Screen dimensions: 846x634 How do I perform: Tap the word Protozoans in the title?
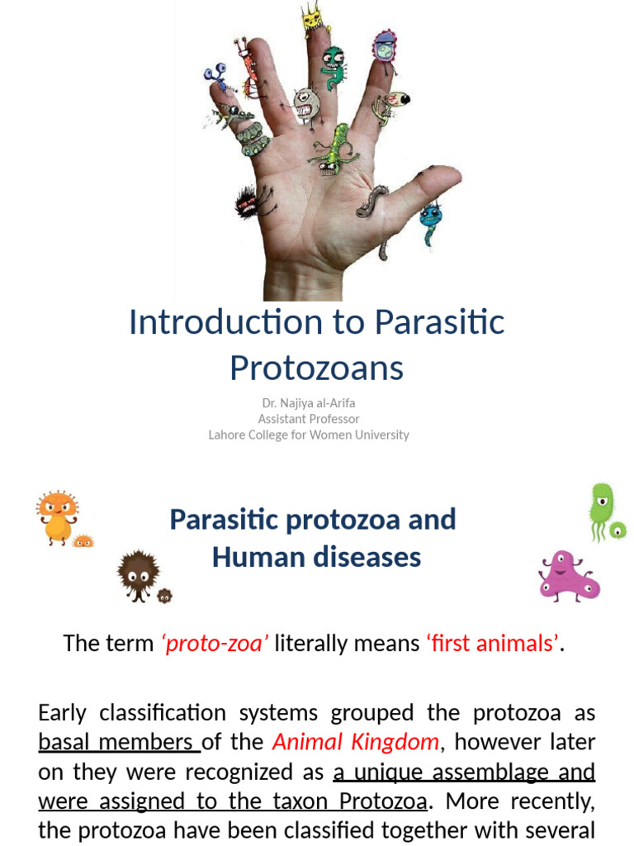(x=316, y=368)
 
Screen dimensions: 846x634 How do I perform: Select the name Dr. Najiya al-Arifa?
(x=309, y=403)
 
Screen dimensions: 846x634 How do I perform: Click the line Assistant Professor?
(x=309, y=419)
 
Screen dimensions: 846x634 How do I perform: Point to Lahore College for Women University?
(x=309, y=435)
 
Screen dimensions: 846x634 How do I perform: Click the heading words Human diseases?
(x=316, y=557)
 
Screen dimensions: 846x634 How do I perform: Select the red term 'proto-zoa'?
(x=215, y=643)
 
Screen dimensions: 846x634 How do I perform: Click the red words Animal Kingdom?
(x=356, y=742)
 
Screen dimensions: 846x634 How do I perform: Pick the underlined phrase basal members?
(x=119, y=742)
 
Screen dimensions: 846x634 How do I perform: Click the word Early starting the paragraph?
(x=65, y=712)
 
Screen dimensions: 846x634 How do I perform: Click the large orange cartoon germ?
(x=57, y=516)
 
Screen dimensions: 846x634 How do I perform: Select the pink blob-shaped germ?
(x=567, y=575)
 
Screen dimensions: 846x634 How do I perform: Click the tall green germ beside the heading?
(x=602, y=508)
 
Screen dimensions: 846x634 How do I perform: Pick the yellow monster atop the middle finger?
(x=312, y=18)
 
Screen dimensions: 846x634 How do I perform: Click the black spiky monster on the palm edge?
(x=248, y=201)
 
